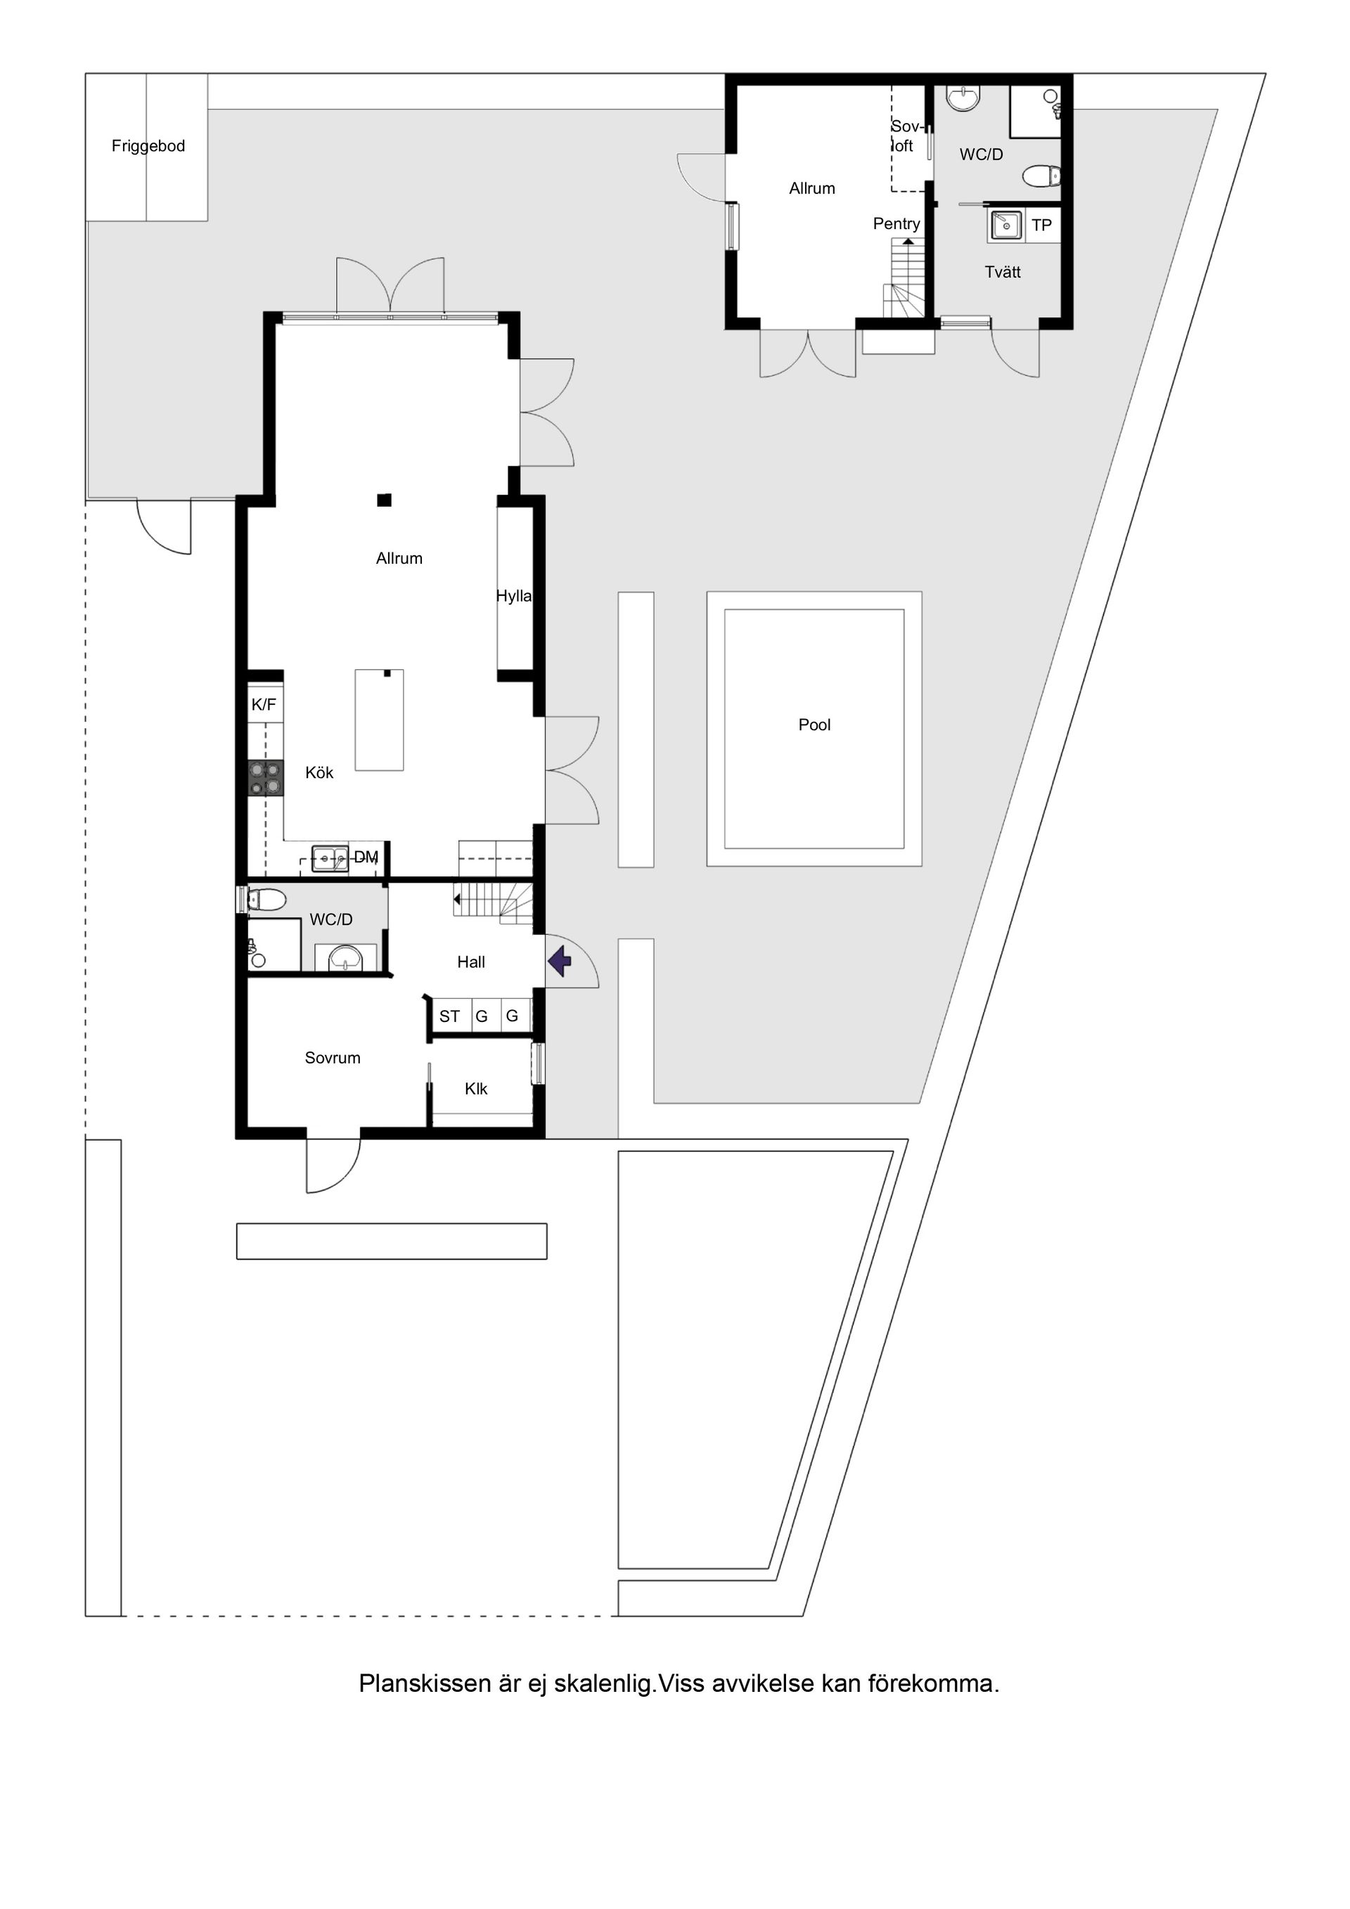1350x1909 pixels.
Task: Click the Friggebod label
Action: pyautogui.click(x=148, y=146)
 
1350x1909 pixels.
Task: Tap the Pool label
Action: pyautogui.click(x=814, y=725)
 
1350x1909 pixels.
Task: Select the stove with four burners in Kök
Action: pyautogui.click(x=264, y=778)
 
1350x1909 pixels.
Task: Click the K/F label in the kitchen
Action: pyautogui.click(x=264, y=705)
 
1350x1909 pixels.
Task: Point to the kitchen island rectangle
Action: pyautogui.click(x=379, y=720)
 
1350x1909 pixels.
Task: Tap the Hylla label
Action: pyautogui.click(x=513, y=596)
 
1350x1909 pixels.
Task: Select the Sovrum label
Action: pyautogui.click(x=332, y=1058)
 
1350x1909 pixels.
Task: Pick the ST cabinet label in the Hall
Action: pyautogui.click(x=449, y=1016)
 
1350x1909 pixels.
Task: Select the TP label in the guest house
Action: pyautogui.click(x=1041, y=226)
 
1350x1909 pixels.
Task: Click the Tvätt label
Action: pyautogui.click(x=1003, y=272)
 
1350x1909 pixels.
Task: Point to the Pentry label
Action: pyautogui.click(x=896, y=224)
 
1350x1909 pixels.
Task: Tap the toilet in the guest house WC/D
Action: pyautogui.click(x=1041, y=176)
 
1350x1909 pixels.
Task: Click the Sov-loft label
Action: pyautogui.click(x=904, y=136)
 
